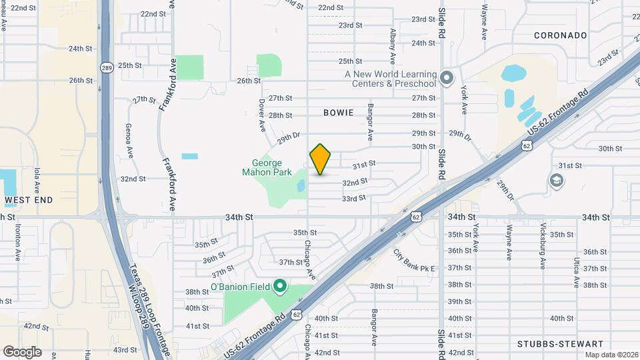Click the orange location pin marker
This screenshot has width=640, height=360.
coord(321,159)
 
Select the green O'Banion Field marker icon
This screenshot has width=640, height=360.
coord(280,287)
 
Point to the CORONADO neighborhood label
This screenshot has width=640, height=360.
coord(561,35)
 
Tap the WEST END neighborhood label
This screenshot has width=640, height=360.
coord(27,199)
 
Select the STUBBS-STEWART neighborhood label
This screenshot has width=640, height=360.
coord(550,344)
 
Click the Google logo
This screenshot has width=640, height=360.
coord(21,352)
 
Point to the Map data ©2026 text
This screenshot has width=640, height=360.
coord(611,355)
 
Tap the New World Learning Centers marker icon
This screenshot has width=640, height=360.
coord(447,79)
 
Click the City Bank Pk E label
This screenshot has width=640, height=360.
coord(413,260)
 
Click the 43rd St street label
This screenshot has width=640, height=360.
coord(125,349)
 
